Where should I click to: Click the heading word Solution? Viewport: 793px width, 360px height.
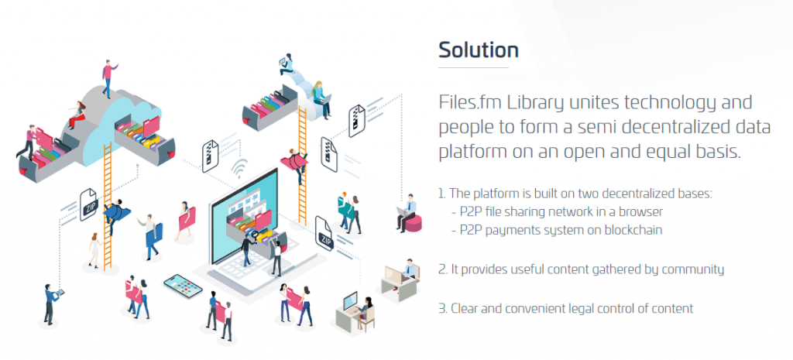pyautogui.click(x=479, y=50)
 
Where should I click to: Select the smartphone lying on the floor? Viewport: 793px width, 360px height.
pyautogui.click(x=183, y=286)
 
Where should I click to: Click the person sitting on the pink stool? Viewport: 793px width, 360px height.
pyautogui.click(x=407, y=212)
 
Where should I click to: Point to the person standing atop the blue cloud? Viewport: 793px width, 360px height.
pyautogui.click(x=108, y=78)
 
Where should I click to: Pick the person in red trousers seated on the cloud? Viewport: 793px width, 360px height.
pyautogui.click(x=77, y=115)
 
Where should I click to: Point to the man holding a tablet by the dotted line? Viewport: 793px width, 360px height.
pyautogui.click(x=52, y=303)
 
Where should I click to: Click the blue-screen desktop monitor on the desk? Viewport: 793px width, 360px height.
pyautogui.click(x=350, y=303)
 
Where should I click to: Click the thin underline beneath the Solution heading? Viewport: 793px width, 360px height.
pyautogui.click(x=473, y=67)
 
